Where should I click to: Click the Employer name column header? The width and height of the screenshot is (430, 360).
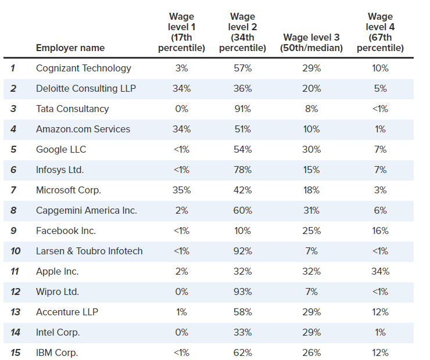coord(70,48)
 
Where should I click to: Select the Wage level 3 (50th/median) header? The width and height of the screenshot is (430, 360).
coord(311,42)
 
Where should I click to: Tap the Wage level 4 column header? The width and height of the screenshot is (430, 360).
coord(380,32)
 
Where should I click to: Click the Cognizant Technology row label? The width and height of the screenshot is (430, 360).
coord(84,68)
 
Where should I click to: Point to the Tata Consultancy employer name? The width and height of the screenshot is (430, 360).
coord(72,109)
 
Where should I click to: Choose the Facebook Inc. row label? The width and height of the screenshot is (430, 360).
coord(66,231)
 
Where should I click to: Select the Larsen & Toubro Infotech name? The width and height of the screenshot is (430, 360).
coord(89,251)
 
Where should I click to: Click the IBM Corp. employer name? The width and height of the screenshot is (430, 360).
coord(57,352)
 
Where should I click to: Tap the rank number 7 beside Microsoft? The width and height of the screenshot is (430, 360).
coord(13,190)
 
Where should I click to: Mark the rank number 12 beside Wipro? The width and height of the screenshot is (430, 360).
coord(15,291)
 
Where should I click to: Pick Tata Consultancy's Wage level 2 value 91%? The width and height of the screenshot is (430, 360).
coord(243,109)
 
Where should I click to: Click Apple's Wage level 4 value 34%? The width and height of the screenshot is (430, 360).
coord(380,271)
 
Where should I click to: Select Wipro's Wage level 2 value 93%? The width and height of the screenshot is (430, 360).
coord(243,291)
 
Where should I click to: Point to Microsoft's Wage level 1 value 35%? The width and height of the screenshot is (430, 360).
coord(182,190)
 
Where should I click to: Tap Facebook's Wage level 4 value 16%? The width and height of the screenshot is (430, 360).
coord(380,231)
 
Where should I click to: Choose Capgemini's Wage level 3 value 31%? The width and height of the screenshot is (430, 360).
coord(311,210)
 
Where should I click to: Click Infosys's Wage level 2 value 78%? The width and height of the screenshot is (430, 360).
coord(243,170)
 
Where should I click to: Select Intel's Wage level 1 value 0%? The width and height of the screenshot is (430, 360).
coord(182,332)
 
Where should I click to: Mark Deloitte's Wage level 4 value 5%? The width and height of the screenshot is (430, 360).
coord(380,88)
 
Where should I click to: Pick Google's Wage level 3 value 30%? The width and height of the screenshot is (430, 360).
coord(311,149)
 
